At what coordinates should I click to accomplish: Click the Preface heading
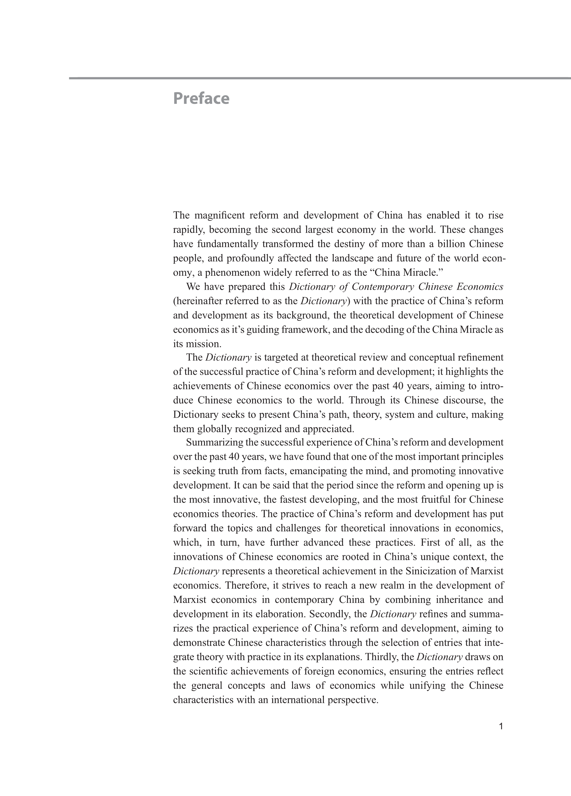click(201, 98)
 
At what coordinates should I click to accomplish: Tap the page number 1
click(501, 727)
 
